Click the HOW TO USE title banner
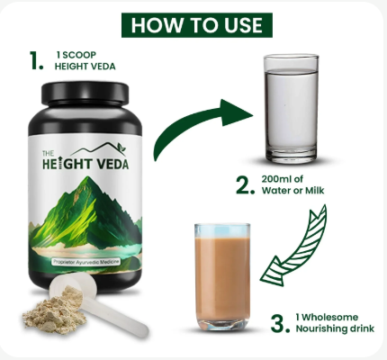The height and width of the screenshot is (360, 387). [197, 25]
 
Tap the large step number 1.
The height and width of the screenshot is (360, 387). [37, 60]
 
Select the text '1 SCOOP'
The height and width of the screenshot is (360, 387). [76, 55]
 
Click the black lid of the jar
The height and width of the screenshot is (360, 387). [85, 93]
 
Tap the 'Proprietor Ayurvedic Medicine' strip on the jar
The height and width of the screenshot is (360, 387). [86, 262]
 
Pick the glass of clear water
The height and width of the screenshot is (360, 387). [291, 109]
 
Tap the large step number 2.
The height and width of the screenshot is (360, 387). [245, 185]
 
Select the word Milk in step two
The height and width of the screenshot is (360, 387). [315, 191]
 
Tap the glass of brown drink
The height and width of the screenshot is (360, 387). [222, 276]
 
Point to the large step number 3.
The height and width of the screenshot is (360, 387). [280, 323]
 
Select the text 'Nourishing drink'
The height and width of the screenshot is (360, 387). [335, 328]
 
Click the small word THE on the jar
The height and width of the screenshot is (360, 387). [48, 154]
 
